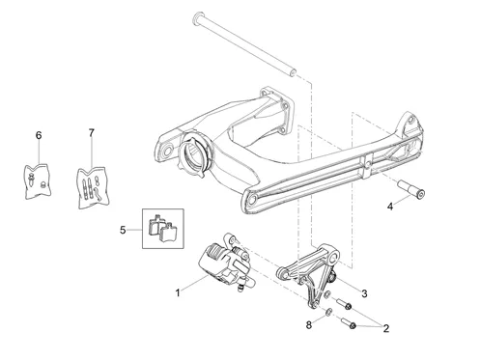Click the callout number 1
pyautogui.click(x=178, y=292)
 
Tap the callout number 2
pyautogui.click(x=386, y=328)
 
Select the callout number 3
pyautogui.click(x=364, y=293)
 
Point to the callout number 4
pyautogui.click(x=390, y=207)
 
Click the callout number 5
pyautogui.click(x=123, y=230)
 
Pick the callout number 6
pyautogui.click(x=39, y=135)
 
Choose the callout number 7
pyautogui.click(x=92, y=133)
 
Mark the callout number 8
pyautogui.click(x=309, y=325)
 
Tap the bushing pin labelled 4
pyautogui.click(x=411, y=188)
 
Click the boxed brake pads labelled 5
pyautogui.click(x=163, y=229)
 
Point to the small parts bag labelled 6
pyautogui.click(x=38, y=181)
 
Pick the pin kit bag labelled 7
pyautogui.click(x=93, y=187)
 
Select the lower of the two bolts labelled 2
pyautogui.click(x=348, y=323)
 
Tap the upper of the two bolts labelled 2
pyautogui.click(x=344, y=304)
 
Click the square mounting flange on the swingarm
pyautogui.click(x=277, y=109)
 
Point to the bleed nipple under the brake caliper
pyautogui.click(x=240, y=288)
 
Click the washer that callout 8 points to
pyautogui.click(x=327, y=312)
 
